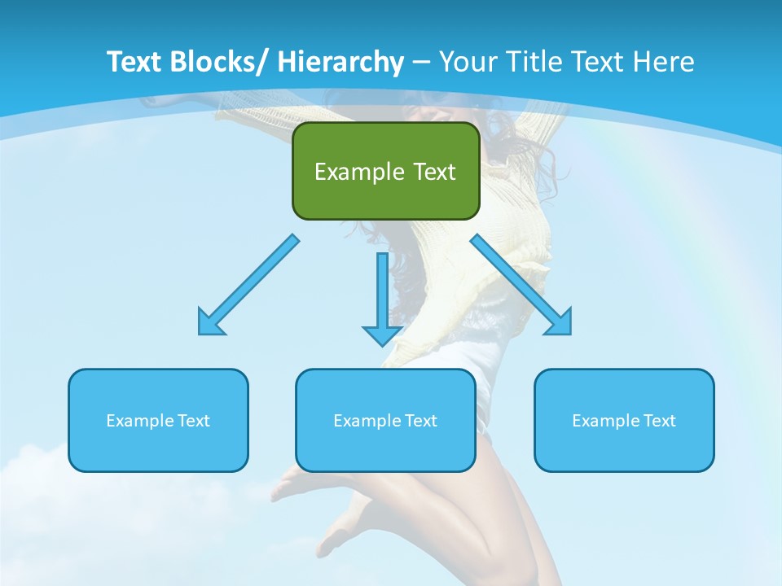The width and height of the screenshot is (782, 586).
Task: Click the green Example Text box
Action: [x=385, y=171]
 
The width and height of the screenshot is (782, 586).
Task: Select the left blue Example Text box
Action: [x=158, y=420]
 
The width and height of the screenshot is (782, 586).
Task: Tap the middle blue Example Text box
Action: [x=385, y=420]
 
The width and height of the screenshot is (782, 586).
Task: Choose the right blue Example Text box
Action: [x=624, y=420]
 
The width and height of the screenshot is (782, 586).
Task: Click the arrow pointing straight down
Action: [x=382, y=297]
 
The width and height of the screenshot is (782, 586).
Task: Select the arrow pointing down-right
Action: [x=521, y=285]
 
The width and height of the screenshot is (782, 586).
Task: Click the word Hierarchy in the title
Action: [x=340, y=62]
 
